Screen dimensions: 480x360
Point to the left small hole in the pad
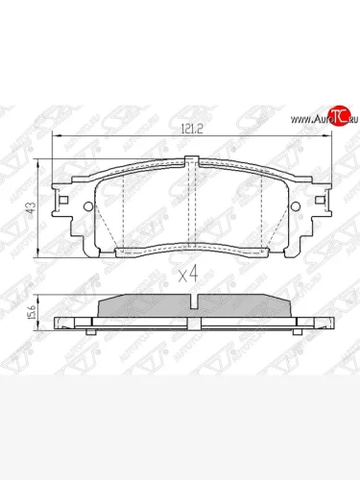click(88, 207)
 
